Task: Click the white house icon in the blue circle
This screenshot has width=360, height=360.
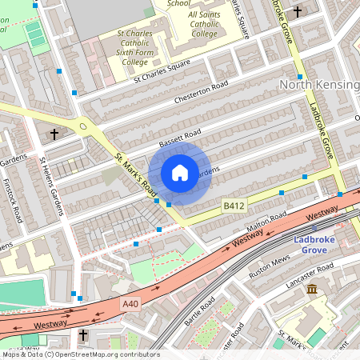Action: point(180,173)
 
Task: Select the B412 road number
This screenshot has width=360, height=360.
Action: point(234,206)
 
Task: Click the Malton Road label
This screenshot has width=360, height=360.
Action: point(266,222)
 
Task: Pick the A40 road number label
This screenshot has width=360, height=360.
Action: point(132,303)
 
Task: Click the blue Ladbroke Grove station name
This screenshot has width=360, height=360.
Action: point(309,244)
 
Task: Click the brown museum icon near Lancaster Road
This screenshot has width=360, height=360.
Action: point(312,288)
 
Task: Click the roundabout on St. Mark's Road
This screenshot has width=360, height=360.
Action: point(84,126)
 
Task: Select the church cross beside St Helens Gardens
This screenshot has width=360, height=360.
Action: point(54,134)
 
